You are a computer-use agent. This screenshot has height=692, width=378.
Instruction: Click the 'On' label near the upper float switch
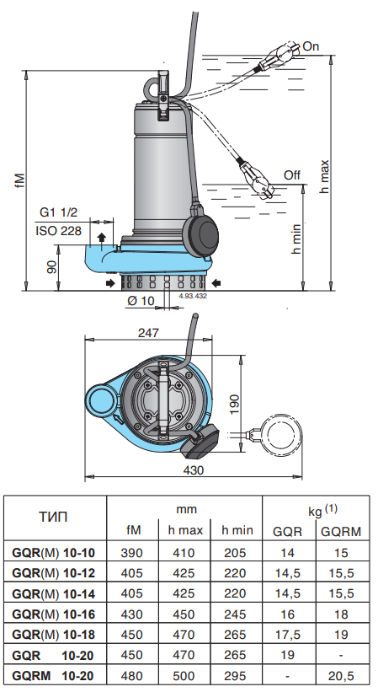click(311, 46)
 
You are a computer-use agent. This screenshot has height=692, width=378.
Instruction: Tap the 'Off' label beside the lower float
click(291, 175)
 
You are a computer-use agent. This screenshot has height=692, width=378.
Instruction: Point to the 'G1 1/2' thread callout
click(59, 212)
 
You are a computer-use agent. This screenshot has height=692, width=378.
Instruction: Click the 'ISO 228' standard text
click(59, 231)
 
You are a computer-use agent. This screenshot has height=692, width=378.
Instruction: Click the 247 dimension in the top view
click(148, 332)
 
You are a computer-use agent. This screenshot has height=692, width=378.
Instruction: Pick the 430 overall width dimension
click(193, 470)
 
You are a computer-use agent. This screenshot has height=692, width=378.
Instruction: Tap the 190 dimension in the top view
click(234, 404)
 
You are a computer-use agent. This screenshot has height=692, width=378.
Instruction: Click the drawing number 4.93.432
click(193, 296)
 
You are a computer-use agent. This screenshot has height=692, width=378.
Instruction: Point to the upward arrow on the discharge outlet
click(102, 239)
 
